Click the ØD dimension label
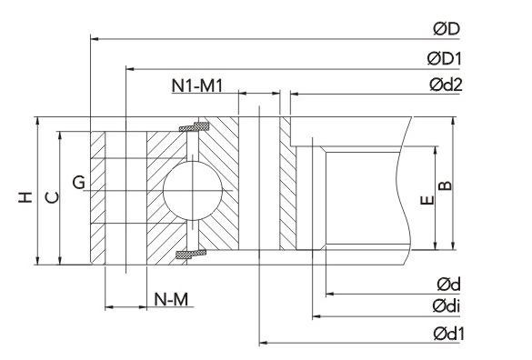click(447, 29)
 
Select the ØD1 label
click(445, 59)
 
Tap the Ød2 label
click(446, 85)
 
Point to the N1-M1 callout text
click(197, 85)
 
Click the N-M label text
click(171, 299)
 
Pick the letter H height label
click(25, 197)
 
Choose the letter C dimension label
click(52, 197)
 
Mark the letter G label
click(79, 183)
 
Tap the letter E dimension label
click(427, 200)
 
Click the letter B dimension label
click(446, 185)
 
